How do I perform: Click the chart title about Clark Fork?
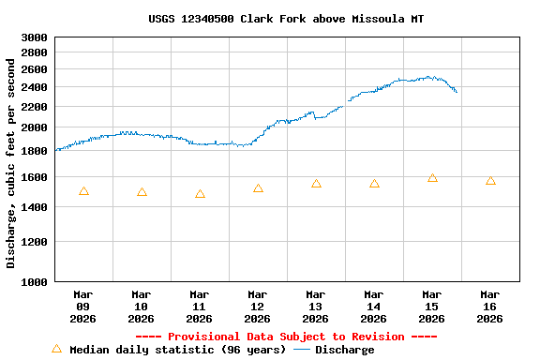[286, 19]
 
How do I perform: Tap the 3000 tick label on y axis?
[34, 37]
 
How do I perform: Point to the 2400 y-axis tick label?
[34, 87]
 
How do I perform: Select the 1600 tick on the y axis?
[34, 177]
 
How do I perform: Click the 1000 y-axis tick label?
[34, 281]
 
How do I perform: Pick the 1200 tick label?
[34, 242]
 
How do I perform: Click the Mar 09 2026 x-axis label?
[83, 307]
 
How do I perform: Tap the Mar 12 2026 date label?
[258, 307]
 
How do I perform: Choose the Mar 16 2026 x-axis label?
[490, 307]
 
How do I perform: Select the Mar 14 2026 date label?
[374, 307]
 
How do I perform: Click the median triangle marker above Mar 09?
[83, 191]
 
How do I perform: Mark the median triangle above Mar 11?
[200, 194]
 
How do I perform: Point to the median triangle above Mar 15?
[432, 177]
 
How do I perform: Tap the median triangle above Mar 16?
[490, 181]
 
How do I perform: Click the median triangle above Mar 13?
[316, 184]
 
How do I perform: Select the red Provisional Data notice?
[286, 337]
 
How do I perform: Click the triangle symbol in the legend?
[56, 349]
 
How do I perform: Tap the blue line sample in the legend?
[301, 350]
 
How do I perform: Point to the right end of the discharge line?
[457, 92]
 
